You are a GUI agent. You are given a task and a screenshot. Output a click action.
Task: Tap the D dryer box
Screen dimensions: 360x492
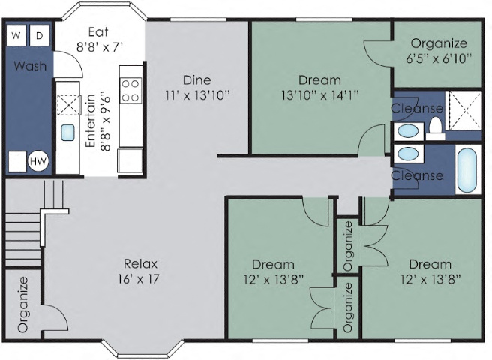40,34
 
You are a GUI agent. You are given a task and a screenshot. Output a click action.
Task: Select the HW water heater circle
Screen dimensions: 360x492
37,161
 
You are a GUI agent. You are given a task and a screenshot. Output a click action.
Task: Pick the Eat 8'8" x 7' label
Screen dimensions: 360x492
99,39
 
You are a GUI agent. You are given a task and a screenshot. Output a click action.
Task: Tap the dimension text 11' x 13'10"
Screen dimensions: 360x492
196,95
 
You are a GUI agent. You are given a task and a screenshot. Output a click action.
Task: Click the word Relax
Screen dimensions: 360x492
140,263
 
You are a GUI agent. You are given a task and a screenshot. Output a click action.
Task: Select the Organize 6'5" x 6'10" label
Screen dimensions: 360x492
439,50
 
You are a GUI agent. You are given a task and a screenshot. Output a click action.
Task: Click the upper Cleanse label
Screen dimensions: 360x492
417,109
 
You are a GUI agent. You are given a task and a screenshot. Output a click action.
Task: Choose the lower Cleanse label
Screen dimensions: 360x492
417,176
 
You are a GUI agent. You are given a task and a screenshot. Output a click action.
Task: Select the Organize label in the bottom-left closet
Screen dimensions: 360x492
23,304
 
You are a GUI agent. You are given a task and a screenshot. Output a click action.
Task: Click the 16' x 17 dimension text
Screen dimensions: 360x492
140,278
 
